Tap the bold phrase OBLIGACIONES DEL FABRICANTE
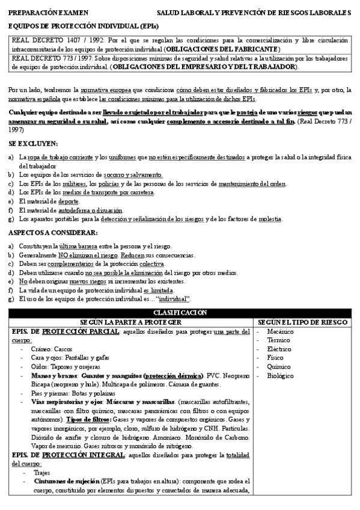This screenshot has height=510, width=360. tap(231, 48)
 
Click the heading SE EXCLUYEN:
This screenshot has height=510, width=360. tap(33, 144)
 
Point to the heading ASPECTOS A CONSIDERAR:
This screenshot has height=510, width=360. tap(52, 233)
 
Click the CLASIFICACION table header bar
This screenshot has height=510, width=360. tap(180, 313)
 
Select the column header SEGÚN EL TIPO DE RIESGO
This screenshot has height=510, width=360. tap(303, 322)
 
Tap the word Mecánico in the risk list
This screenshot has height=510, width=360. tap(280, 331)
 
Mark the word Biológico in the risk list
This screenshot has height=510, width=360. tap(281, 375)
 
